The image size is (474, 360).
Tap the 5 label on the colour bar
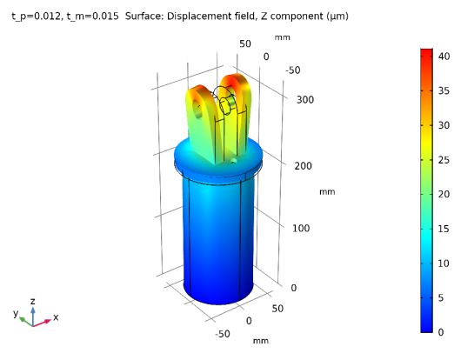click(x=443, y=297)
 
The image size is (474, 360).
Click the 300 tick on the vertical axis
click(x=304, y=99)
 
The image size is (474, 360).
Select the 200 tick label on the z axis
click(x=304, y=164)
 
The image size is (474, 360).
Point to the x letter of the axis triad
click(x=56, y=318)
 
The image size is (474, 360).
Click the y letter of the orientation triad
click(x=16, y=312)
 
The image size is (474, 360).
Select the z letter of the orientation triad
click(x=33, y=300)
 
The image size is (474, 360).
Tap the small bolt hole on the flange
click(x=232, y=161)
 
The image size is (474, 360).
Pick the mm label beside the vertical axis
click(x=326, y=191)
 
